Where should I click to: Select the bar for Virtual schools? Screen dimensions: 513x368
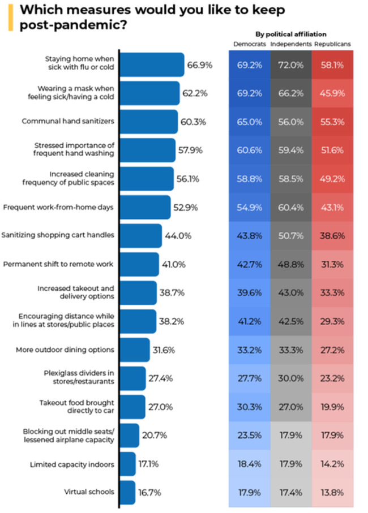pos(128,492)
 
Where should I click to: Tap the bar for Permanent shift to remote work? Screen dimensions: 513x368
pos(140,264)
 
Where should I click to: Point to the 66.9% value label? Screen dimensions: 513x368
pos(200,65)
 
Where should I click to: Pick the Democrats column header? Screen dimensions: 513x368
pos(249,44)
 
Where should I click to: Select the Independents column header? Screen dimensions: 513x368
pos(291,44)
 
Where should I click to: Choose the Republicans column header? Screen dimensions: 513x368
pos(332,44)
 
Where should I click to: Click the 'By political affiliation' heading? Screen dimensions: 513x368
pos(291,34)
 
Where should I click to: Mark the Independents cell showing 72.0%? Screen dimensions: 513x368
pos(291,65)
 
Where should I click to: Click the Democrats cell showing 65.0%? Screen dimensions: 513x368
pos(250,122)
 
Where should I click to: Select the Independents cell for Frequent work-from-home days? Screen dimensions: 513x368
pos(291,207)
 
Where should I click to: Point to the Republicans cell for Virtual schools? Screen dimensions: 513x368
pos(332,492)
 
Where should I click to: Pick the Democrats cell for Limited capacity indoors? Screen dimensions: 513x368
pos(250,464)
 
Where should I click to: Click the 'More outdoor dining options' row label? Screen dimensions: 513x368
pos(65,350)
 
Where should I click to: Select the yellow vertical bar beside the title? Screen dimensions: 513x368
pos(10,18)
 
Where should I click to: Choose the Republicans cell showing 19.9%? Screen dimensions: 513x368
pos(332,407)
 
